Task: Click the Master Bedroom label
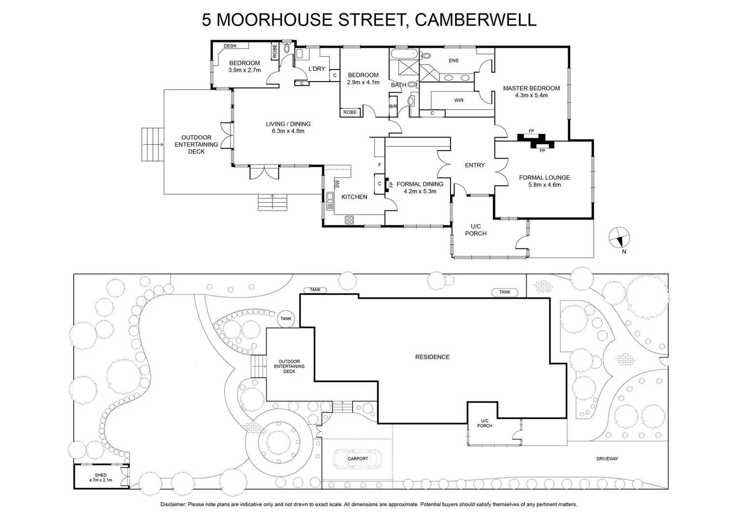pyautogui.click(x=531, y=88)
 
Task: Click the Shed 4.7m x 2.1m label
pyautogui.click(x=100, y=478)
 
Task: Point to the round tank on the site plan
pyautogui.click(x=286, y=318)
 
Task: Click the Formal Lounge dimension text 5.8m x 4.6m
pyautogui.click(x=544, y=185)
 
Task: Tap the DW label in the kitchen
pyautogui.click(x=338, y=184)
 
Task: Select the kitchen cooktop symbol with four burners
pyautogui.click(x=349, y=220)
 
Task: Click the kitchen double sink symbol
pyautogui.click(x=330, y=201)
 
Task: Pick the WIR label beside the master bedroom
pyautogui.click(x=459, y=100)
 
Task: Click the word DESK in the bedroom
pyautogui.click(x=230, y=46)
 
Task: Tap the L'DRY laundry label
pyautogui.click(x=316, y=69)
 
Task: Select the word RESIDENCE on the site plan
pyautogui.click(x=432, y=357)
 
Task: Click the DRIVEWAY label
pyautogui.click(x=607, y=459)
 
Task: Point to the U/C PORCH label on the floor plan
pyautogui.click(x=476, y=230)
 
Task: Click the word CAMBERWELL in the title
pyautogui.click(x=475, y=20)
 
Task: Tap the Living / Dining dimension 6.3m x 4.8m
pyautogui.click(x=288, y=131)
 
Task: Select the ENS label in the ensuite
pyautogui.click(x=453, y=61)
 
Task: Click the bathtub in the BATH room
pyautogui.click(x=399, y=53)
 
